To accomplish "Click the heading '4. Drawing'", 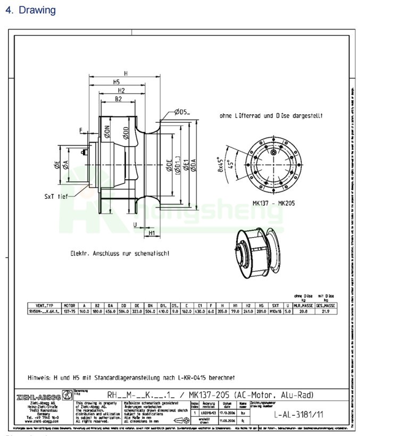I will coord(30,10).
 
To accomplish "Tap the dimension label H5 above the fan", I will coord(115,82).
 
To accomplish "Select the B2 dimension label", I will coord(119,99).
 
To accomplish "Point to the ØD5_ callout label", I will coord(181,112).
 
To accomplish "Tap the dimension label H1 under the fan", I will coord(152,233).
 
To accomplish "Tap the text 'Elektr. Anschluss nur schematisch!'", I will coord(120,254).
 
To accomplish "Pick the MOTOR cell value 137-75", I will coord(70,311).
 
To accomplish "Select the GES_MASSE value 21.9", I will coord(326,311).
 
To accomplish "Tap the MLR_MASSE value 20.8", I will coord(304,311).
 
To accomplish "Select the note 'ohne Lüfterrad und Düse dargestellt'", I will coord(271,115).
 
